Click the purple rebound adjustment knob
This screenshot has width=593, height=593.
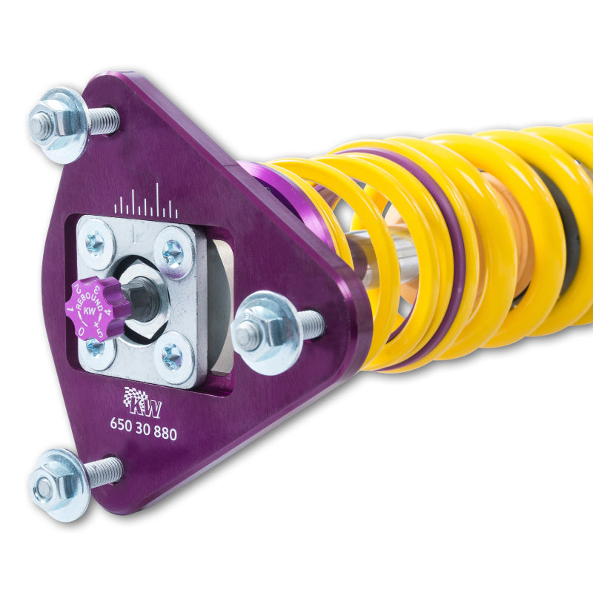pyautogui.click(x=94, y=308)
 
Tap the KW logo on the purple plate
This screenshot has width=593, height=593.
pyautogui.click(x=141, y=402)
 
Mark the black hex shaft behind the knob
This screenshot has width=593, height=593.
pyautogui.click(x=141, y=300)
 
